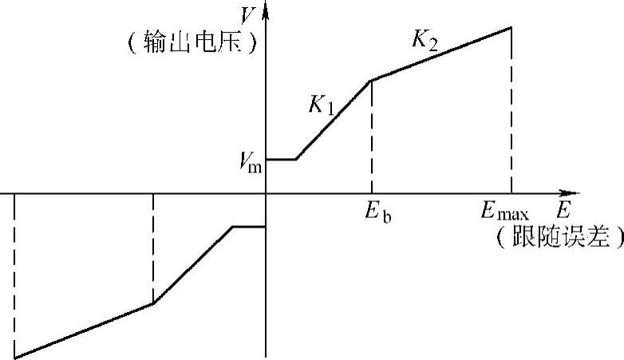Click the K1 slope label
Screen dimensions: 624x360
pos(322,105)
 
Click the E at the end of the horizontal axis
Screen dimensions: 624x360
pos(564,212)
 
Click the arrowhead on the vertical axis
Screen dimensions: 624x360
pos(266,10)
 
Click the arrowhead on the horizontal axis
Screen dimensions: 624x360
pos(570,193)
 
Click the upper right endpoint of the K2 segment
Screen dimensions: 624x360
pos(511,27)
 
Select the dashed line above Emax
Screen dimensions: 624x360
pos(511,112)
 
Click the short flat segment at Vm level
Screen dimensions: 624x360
pos(281,160)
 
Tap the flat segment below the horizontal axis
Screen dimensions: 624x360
pos(248,227)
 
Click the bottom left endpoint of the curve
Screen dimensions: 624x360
pos(14,357)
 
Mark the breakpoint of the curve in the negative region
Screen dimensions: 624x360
pos(152,303)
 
